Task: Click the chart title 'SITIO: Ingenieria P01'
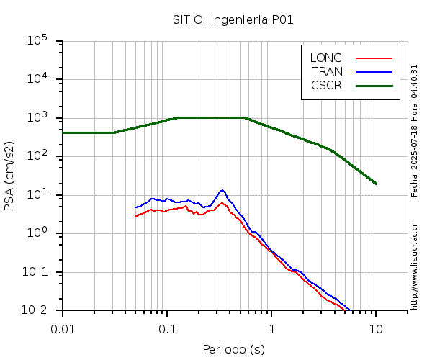[x=233, y=19]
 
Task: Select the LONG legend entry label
[x=326, y=58]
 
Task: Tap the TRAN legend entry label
[x=327, y=71]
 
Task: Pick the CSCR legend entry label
[x=326, y=85]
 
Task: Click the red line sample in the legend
[x=374, y=58]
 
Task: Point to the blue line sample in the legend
[x=374, y=71]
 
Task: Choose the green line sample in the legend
[x=374, y=85]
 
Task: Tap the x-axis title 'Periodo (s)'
[x=233, y=349]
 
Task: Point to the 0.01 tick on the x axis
[x=63, y=328]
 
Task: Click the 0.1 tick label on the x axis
[x=167, y=328]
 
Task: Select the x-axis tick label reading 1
[x=271, y=328]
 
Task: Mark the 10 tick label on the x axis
[x=376, y=328]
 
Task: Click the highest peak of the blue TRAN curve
[x=222, y=190]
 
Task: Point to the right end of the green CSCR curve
[x=376, y=184]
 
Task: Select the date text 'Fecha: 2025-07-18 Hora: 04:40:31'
[x=414, y=130]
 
